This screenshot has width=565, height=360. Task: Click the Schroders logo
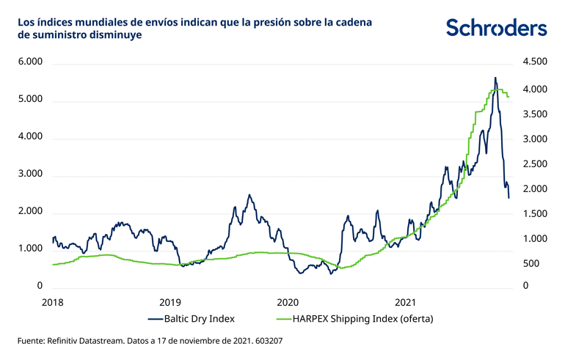(x=497, y=28)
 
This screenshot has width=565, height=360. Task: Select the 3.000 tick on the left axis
(x=31, y=175)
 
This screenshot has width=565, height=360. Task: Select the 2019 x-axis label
(x=169, y=301)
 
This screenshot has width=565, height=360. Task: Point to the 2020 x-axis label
(x=288, y=301)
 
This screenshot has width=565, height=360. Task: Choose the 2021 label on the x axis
(x=406, y=301)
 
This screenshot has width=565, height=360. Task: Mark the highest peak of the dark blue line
(x=495, y=78)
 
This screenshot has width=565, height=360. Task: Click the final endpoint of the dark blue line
(x=509, y=198)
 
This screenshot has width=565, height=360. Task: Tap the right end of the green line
(x=509, y=97)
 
